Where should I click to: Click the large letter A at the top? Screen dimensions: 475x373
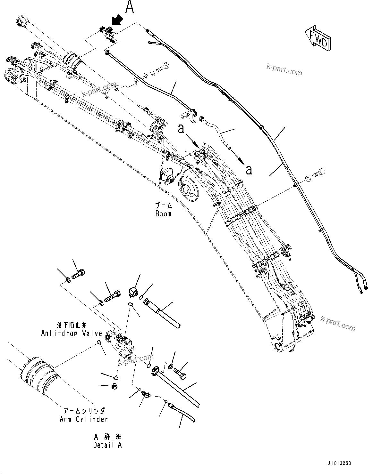click(x=129, y=7)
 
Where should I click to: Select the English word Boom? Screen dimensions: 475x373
click(x=163, y=214)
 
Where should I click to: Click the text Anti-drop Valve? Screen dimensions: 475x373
click(x=72, y=333)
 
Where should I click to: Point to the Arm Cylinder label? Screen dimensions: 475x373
click(x=83, y=419)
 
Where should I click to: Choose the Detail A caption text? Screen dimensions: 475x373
click(x=107, y=445)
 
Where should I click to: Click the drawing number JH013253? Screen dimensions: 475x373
click(x=339, y=463)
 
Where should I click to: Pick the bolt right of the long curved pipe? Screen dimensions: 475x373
click(x=318, y=173)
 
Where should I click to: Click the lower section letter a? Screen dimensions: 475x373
click(x=249, y=170)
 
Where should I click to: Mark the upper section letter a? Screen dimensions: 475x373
click(x=182, y=129)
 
